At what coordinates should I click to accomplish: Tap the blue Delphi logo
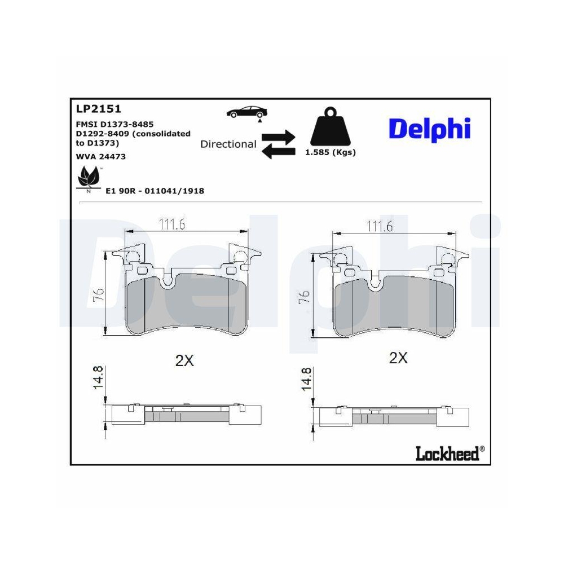(x=429, y=129)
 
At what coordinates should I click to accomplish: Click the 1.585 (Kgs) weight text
(x=331, y=152)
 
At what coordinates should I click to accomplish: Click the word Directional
(x=228, y=144)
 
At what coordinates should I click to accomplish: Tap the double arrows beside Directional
(x=279, y=144)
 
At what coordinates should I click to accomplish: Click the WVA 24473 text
(x=100, y=156)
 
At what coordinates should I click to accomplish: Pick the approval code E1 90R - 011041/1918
(x=155, y=191)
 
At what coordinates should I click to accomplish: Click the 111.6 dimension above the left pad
(x=172, y=224)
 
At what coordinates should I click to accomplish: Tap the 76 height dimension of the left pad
(x=98, y=294)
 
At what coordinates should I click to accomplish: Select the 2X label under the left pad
(x=184, y=361)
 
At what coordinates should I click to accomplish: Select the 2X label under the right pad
(x=398, y=358)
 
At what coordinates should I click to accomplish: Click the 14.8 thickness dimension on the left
(x=98, y=377)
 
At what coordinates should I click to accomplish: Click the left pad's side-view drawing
(x=187, y=415)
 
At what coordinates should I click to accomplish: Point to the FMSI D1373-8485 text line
(x=114, y=124)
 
